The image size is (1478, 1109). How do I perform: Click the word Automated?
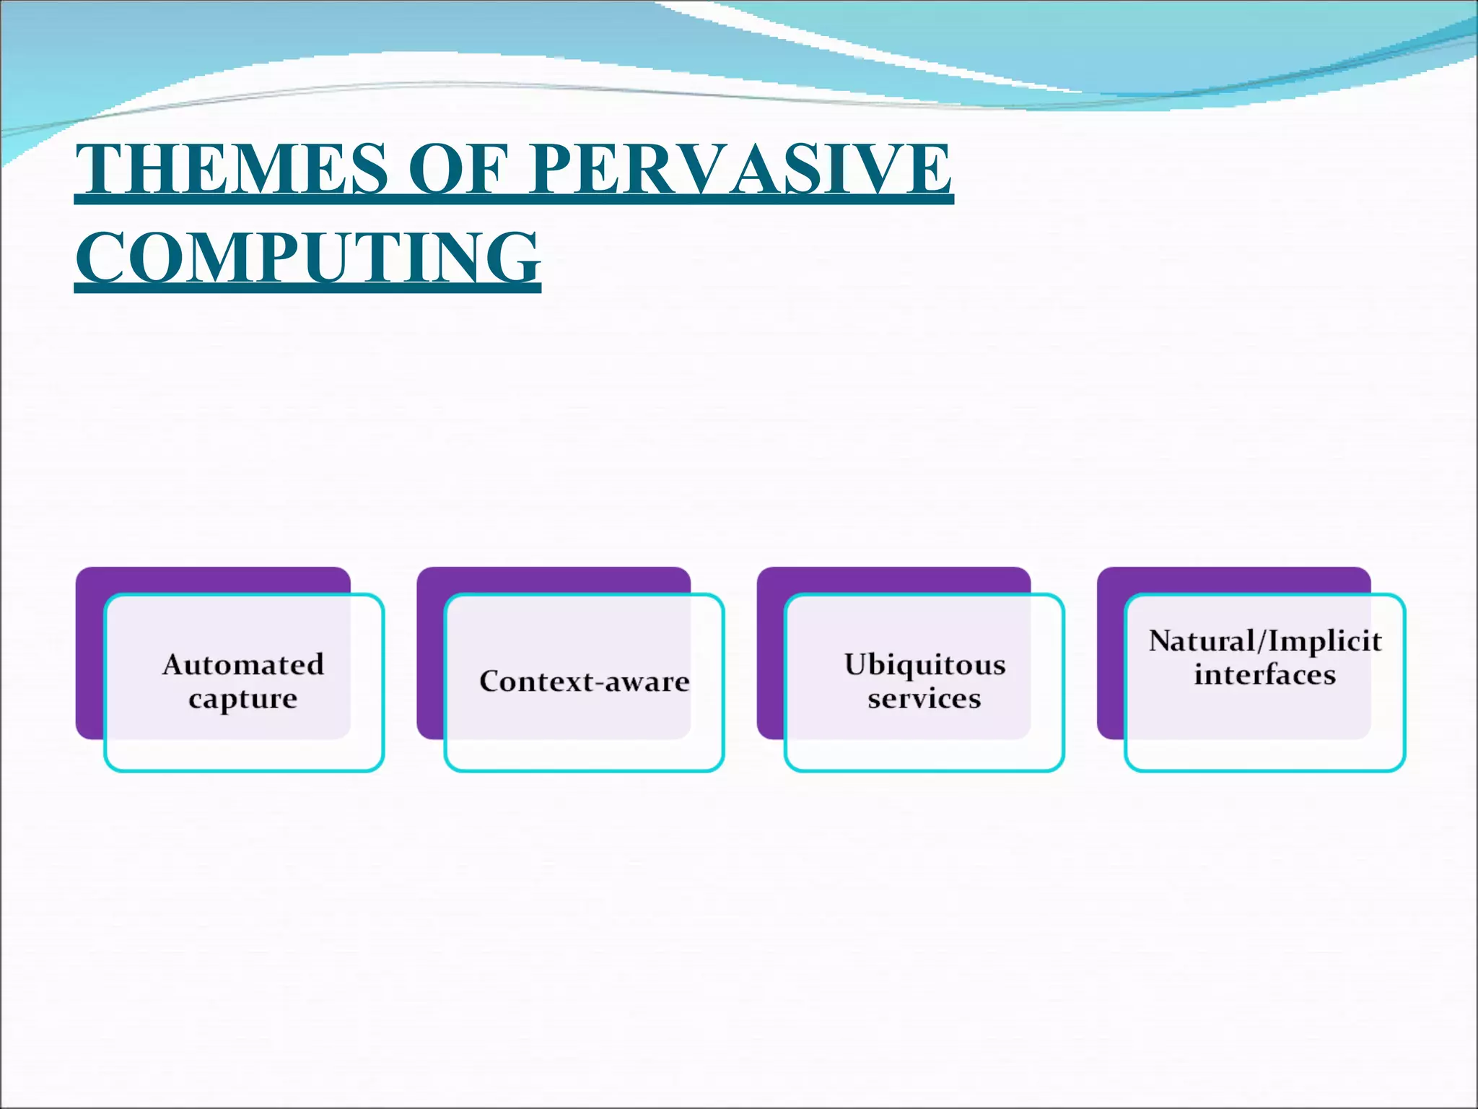[243, 664]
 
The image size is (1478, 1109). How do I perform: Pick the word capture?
[243, 698]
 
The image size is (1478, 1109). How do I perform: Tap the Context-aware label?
[584, 682]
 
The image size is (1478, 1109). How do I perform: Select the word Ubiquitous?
[924, 664]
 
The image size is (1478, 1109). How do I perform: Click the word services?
[924, 698]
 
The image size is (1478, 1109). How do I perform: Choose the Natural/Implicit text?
[1265, 640]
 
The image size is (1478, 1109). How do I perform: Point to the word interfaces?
[1265, 674]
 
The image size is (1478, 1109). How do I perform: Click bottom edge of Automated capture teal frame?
[244, 770]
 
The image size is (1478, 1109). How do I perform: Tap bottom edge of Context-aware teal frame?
[584, 770]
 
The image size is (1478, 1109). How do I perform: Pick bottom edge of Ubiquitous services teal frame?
[924, 770]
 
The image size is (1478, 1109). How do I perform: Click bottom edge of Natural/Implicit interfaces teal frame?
[1265, 770]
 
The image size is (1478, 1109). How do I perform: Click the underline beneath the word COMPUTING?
[307, 290]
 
